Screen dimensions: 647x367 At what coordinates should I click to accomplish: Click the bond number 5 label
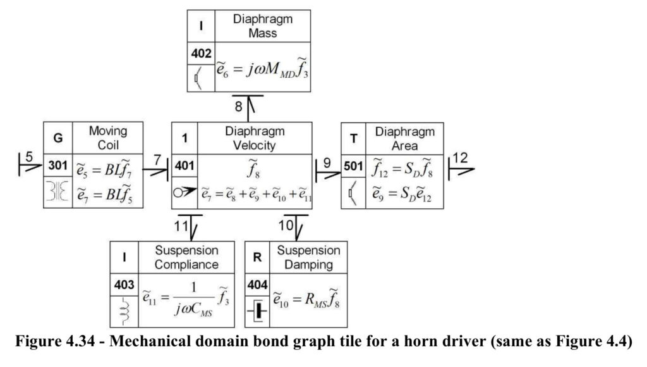pyautogui.click(x=29, y=157)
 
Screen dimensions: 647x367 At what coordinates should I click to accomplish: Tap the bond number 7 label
pyautogui.click(x=157, y=159)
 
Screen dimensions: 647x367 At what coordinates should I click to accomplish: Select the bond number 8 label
pyautogui.click(x=238, y=107)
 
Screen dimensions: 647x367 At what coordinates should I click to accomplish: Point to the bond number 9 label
pyautogui.click(x=327, y=163)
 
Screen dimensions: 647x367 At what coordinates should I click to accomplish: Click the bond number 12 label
pyautogui.click(x=460, y=158)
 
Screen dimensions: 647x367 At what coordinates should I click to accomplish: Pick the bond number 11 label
pyautogui.click(x=181, y=226)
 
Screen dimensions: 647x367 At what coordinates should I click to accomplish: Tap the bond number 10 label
pyautogui.click(x=286, y=226)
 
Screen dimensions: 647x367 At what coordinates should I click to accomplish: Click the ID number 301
pyautogui.click(x=57, y=166)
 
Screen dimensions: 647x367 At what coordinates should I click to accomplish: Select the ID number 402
pyautogui.click(x=201, y=53)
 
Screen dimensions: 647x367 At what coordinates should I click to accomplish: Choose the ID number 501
pyautogui.click(x=353, y=166)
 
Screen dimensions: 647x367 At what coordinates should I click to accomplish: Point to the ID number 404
pyautogui.click(x=257, y=285)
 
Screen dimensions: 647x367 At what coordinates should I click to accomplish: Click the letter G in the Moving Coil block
pyautogui.click(x=58, y=138)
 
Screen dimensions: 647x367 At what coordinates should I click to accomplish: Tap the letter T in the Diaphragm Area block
pyautogui.click(x=354, y=139)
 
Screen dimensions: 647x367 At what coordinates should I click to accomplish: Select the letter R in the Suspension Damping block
pyautogui.click(x=257, y=257)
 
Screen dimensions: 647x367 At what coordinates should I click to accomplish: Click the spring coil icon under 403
pyautogui.click(x=124, y=311)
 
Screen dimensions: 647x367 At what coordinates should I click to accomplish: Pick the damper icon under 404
pyautogui.click(x=258, y=311)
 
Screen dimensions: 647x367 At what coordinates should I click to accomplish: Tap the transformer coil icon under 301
pyautogui.click(x=57, y=191)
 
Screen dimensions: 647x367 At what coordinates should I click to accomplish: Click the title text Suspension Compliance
pyautogui.click(x=186, y=257)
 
